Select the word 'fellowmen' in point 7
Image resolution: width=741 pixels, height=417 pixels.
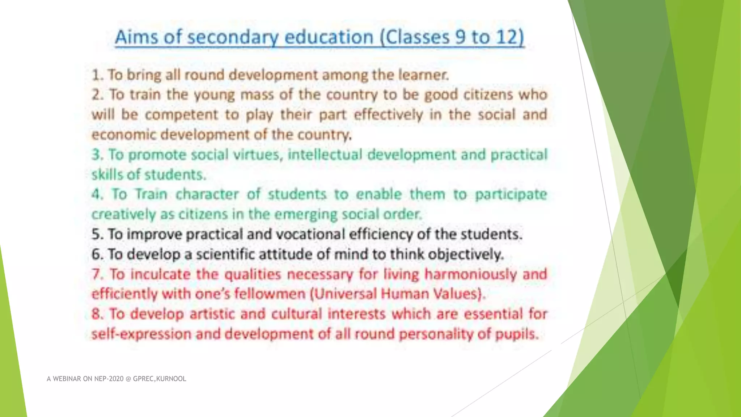click(x=270, y=294)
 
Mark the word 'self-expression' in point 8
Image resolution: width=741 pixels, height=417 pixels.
click(x=141, y=334)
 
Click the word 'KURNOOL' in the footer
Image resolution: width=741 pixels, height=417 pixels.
click(x=171, y=379)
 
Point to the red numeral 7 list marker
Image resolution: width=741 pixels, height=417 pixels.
click(x=96, y=274)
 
